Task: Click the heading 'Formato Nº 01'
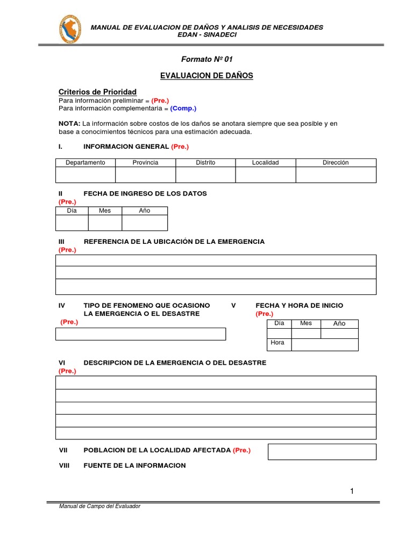(206, 59)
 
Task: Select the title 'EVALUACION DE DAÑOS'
(206, 76)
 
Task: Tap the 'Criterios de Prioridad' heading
(97, 92)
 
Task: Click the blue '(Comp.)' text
(183, 108)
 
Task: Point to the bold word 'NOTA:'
(69, 124)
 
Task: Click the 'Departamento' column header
(86, 163)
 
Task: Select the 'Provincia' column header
(145, 163)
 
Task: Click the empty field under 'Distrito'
(205, 175)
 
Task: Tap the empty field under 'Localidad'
(266, 175)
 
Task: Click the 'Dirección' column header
(336, 163)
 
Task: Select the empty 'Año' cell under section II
(145, 223)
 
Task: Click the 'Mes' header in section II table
(105, 211)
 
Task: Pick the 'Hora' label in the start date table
(278, 343)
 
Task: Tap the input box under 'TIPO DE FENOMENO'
(141, 334)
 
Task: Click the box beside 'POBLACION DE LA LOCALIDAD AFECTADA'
(322, 452)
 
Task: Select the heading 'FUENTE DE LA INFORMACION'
(134, 466)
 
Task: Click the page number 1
(352, 491)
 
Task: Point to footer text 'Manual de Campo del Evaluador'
(99, 506)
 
